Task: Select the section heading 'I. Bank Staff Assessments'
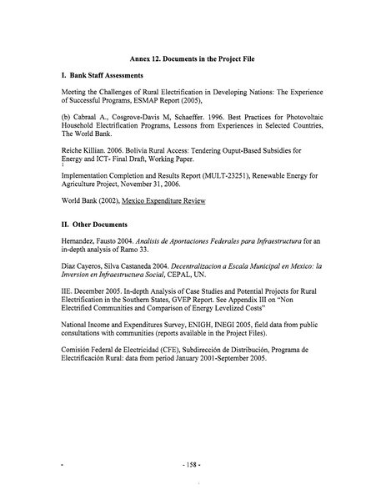102,76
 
